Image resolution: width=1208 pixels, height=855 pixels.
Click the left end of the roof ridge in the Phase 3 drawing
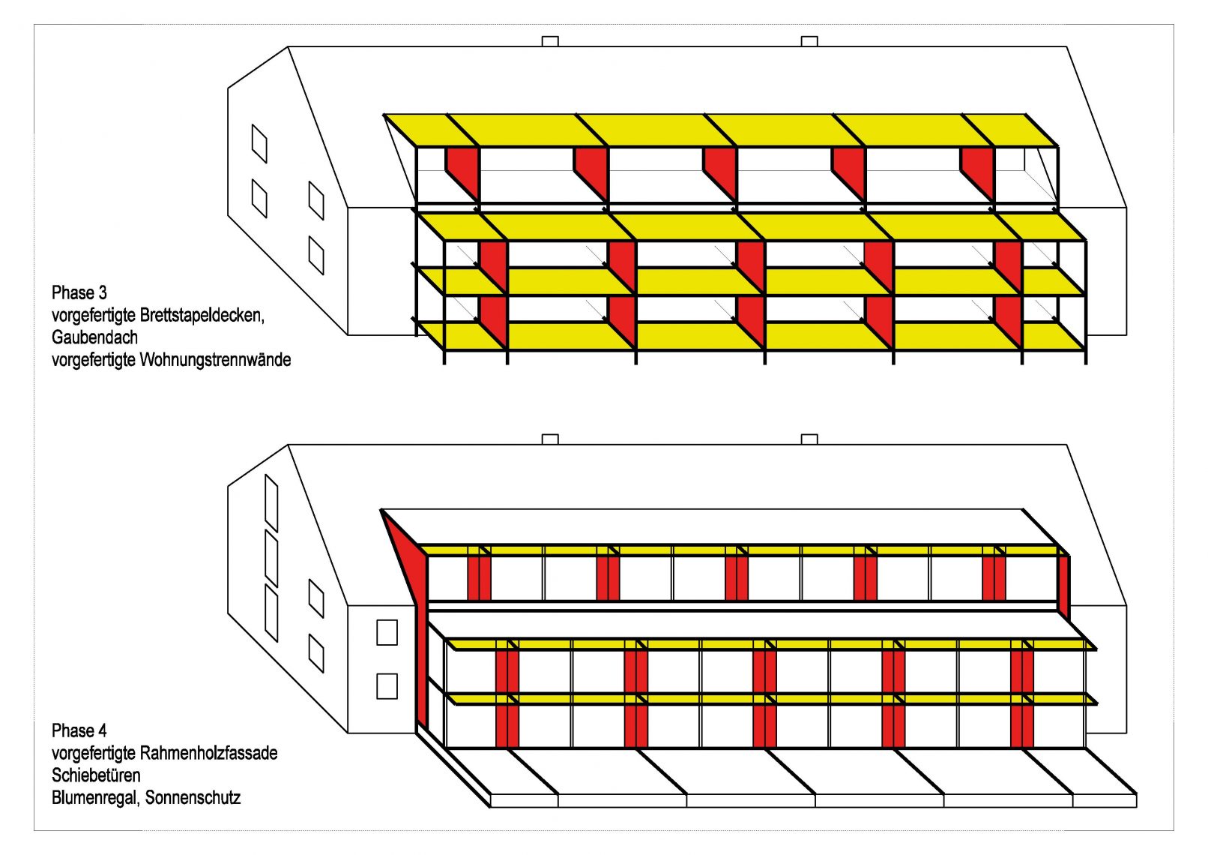coord(288,47)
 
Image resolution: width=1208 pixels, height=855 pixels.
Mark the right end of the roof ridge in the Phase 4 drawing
coord(1066,445)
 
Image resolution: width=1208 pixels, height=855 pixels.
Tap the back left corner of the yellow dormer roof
coord(384,115)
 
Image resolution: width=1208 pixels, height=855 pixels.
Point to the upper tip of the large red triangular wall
coord(381,509)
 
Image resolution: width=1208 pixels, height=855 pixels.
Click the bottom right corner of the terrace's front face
coord(1137,808)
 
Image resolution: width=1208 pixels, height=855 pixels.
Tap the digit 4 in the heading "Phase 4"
coord(102,730)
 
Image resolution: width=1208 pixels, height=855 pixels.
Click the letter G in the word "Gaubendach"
coord(57,337)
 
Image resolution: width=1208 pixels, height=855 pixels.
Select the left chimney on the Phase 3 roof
coord(550,41)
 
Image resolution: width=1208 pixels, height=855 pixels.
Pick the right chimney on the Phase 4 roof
coord(809,439)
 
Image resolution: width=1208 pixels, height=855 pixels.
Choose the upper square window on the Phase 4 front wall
coord(387,632)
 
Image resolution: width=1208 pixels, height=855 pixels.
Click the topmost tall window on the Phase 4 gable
coord(272,502)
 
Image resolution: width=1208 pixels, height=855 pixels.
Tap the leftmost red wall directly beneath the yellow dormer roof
coord(462,173)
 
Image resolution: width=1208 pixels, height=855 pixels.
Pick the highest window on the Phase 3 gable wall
coord(259,143)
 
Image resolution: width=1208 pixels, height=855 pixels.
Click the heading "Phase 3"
coord(79,293)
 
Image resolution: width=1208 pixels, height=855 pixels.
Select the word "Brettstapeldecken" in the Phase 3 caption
coord(202,315)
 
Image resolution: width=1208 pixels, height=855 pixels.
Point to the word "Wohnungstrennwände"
coord(215,359)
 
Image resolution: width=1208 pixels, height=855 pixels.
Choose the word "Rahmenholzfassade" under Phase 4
coord(209,753)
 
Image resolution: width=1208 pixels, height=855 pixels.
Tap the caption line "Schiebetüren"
coord(96,775)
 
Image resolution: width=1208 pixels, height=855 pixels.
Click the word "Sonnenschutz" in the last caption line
coord(193,798)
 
